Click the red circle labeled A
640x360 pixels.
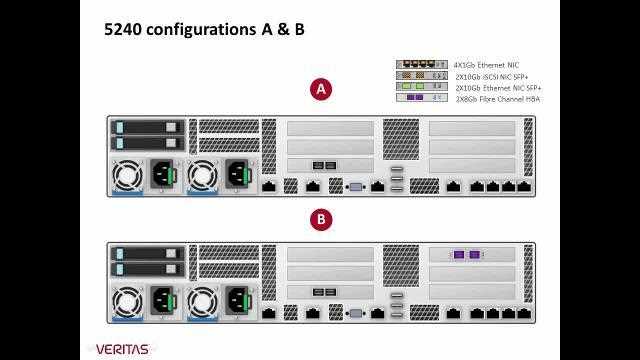tap(321, 90)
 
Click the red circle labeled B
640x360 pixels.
tap(321, 219)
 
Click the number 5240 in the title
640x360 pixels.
tap(123, 30)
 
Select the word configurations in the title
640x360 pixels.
tap(201, 30)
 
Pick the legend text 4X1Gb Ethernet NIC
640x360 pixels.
tap(486, 64)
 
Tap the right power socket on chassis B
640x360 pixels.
tap(237, 301)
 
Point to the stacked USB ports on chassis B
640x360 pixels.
tap(397, 305)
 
